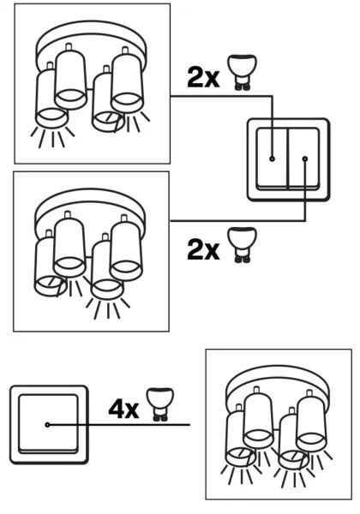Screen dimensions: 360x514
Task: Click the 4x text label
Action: (123, 409)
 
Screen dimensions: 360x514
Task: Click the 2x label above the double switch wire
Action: (202, 77)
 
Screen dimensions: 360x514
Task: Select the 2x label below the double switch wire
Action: (202, 250)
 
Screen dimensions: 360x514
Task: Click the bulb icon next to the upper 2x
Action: (242, 72)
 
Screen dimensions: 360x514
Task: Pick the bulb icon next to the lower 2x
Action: (242, 244)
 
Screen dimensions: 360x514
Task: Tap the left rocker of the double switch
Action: (272, 158)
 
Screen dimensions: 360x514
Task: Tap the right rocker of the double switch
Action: (303, 158)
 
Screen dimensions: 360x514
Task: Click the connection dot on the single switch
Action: (47, 425)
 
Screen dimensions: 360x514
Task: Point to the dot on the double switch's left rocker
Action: (272, 158)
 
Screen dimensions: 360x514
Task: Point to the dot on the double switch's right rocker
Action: (305, 158)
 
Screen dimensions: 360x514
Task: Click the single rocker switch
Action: (49, 424)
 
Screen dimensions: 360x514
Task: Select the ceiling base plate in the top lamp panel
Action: (90, 40)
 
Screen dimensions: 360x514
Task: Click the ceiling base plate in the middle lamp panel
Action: (89, 208)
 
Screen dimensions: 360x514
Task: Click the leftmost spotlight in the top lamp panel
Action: (50, 99)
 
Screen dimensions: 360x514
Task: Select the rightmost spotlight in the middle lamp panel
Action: (126, 249)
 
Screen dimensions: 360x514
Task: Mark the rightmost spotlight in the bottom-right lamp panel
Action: (312, 421)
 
